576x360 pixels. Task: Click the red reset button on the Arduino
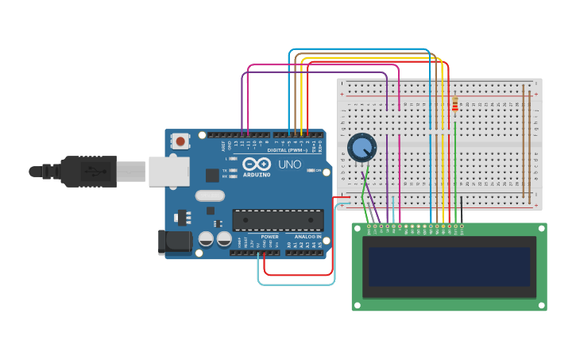point(180,141)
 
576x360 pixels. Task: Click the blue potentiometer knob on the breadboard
point(361,147)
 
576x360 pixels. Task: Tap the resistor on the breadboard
point(454,105)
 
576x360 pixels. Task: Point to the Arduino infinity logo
point(257,164)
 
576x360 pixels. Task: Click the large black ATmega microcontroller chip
point(277,220)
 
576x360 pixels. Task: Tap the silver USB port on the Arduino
point(168,171)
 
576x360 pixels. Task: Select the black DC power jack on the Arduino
point(174,242)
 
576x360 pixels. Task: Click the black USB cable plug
point(87,171)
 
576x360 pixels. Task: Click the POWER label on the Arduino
point(270,236)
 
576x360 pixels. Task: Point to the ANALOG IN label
point(308,236)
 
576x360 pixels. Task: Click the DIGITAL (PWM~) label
point(288,149)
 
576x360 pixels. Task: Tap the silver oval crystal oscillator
point(210,195)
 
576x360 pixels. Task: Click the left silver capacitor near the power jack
point(206,238)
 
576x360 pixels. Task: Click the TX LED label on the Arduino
point(226,170)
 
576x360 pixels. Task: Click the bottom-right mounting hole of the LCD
point(541,304)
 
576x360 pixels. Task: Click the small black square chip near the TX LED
point(212,176)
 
